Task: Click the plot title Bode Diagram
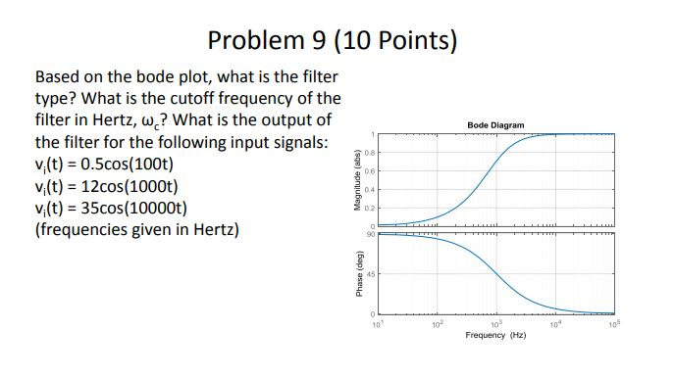pos(495,125)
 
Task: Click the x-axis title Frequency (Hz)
pos(495,335)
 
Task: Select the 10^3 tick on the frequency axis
pos(495,323)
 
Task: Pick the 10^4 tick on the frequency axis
pos(555,323)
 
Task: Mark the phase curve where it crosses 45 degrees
pos(495,274)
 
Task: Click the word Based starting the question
pos(59,76)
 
